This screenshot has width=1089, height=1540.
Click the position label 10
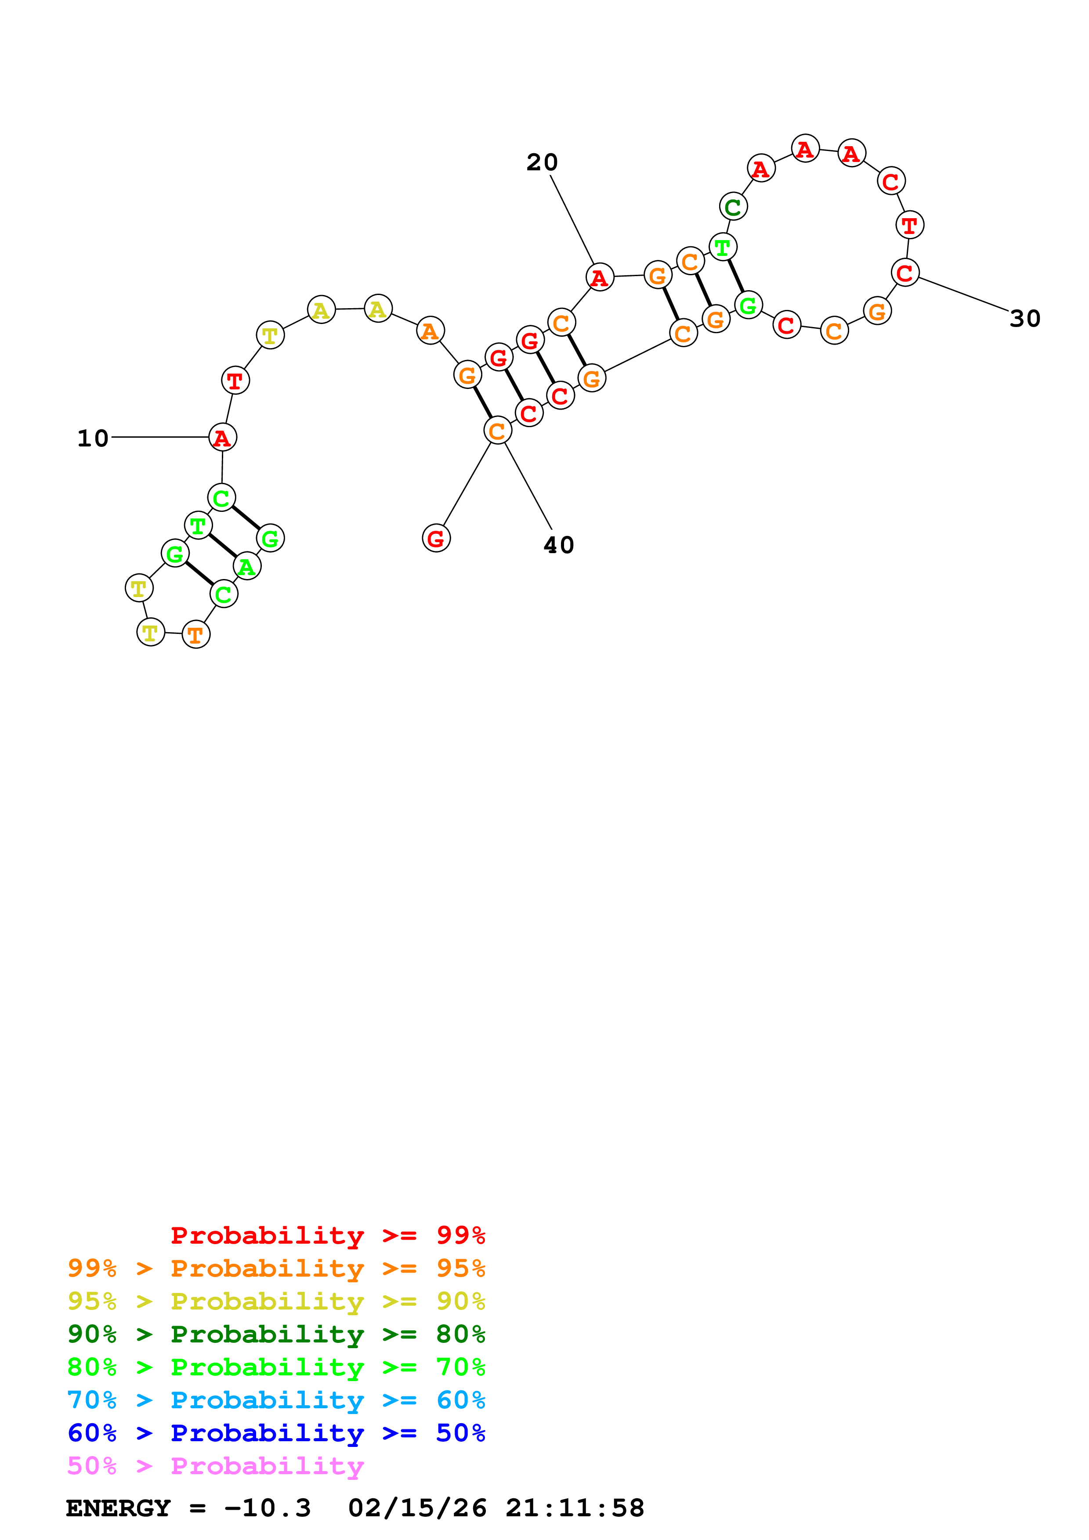93,439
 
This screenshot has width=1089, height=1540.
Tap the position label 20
542,162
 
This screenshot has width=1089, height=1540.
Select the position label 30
1024,319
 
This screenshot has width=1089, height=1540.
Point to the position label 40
558,545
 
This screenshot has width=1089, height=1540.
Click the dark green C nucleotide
733,207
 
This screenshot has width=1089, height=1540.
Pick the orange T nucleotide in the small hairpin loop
196,634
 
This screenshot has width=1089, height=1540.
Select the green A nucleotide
247,567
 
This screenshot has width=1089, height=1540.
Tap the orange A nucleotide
430,331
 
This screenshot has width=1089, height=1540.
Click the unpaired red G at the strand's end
436,538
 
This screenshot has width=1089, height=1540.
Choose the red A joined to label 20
599,277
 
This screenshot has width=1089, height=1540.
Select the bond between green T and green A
222,546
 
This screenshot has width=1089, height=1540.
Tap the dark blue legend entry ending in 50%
276,1433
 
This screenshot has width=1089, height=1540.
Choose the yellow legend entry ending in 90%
276,1301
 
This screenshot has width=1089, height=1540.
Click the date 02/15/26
417,1508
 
